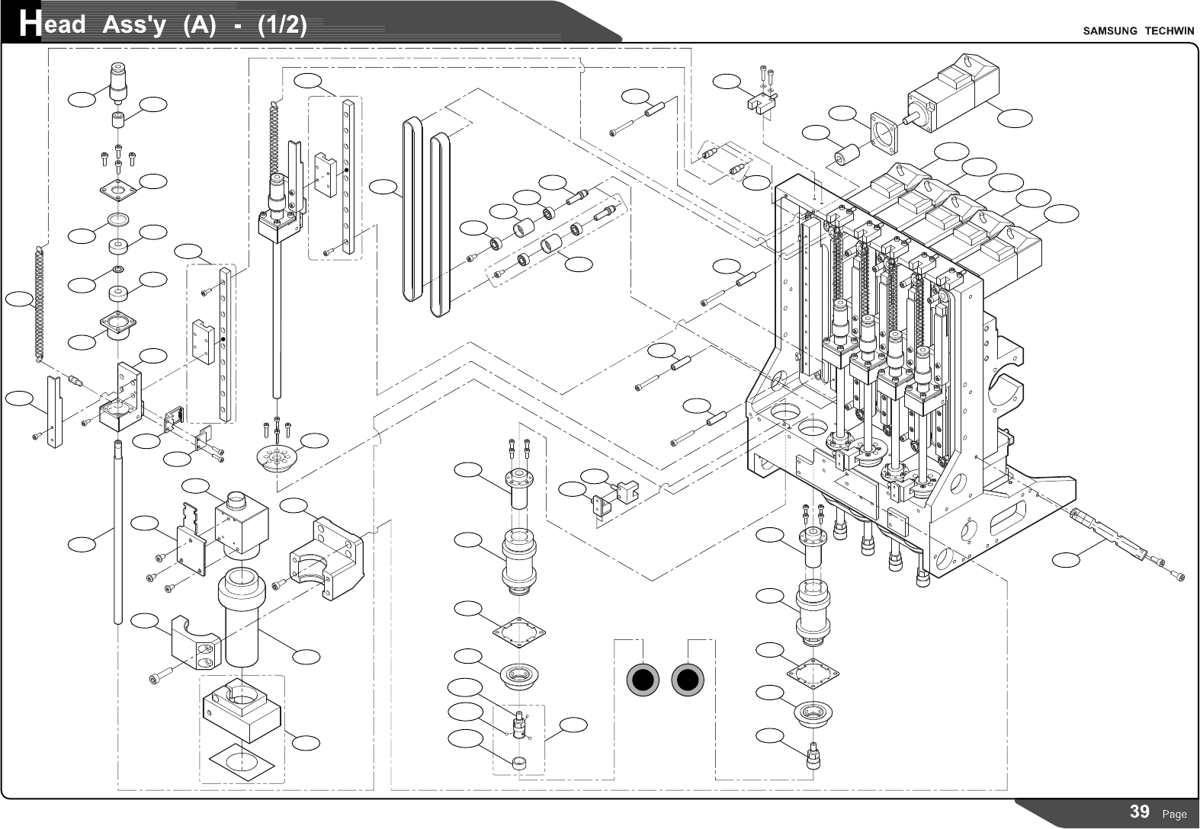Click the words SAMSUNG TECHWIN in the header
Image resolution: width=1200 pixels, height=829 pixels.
1135,31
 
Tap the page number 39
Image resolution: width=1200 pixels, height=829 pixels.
1140,811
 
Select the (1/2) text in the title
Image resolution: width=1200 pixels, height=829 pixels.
283,25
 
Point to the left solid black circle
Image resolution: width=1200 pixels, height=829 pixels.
642,680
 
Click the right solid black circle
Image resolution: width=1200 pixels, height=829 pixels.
688,680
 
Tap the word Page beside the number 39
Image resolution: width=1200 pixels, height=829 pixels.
1174,815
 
